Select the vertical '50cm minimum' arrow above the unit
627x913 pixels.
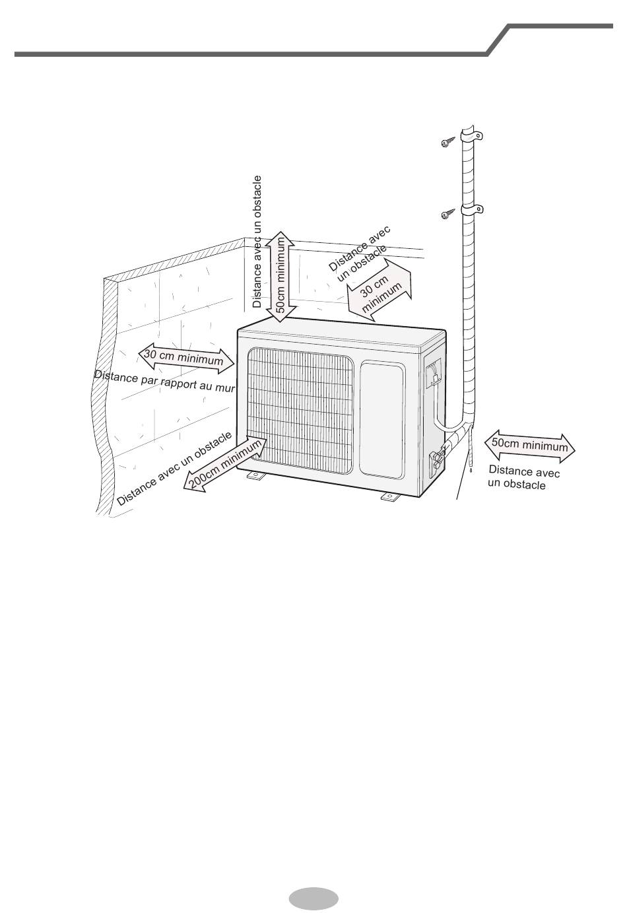point(282,277)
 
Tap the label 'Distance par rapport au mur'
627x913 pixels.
point(165,381)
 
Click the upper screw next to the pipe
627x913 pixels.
point(448,142)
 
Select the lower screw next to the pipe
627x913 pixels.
point(448,214)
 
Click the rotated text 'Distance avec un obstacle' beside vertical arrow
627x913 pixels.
point(257,242)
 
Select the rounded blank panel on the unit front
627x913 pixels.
point(382,420)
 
